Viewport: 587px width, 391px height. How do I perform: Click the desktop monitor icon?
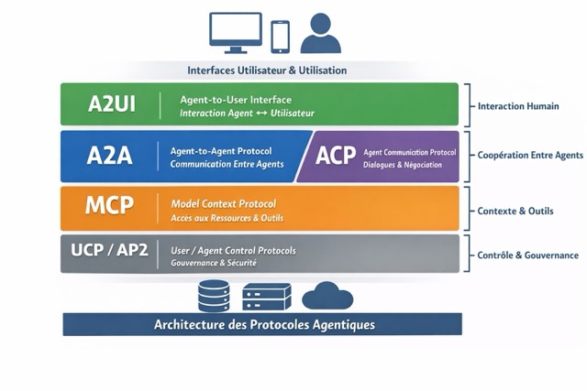point(236,32)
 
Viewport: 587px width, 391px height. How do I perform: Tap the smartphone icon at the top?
point(280,36)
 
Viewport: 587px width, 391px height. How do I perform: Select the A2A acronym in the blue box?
point(109,156)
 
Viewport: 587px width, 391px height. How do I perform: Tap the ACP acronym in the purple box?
point(336,156)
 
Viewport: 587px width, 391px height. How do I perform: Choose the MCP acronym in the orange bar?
point(109,206)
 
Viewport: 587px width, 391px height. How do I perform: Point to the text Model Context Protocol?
point(224,202)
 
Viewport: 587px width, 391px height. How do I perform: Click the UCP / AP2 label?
point(109,251)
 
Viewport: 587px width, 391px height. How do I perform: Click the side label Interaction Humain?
point(520,106)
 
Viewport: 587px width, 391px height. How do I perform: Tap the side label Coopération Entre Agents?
point(527,156)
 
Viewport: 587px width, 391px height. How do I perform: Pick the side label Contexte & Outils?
point(516,212)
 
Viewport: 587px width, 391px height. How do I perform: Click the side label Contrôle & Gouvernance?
point(527,255)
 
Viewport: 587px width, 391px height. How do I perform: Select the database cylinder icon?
point(214,296)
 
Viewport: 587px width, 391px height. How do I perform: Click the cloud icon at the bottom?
point(327,296)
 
